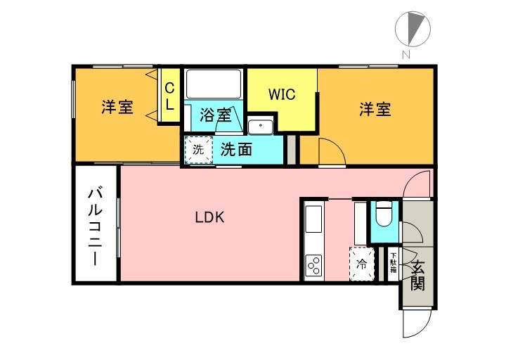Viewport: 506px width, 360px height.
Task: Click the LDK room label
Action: pos(209,217)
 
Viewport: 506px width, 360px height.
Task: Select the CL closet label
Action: pos(169,96)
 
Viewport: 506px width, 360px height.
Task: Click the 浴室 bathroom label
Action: pos(215,115)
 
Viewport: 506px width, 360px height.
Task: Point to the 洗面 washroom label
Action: pos(236,149)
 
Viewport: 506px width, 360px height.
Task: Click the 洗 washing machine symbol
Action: pos(198,149)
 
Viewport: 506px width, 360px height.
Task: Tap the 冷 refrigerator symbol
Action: pos(362,264)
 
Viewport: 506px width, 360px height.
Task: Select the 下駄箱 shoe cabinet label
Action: pos(393,263)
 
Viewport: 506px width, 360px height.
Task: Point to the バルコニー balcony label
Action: pos(96,226)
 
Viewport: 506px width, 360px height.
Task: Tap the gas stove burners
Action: pos(313,266)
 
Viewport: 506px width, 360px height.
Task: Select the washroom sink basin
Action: pos(261,127)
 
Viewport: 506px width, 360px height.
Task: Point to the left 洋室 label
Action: pos(117,108)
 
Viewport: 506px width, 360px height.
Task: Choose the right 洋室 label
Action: pos(375,109)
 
